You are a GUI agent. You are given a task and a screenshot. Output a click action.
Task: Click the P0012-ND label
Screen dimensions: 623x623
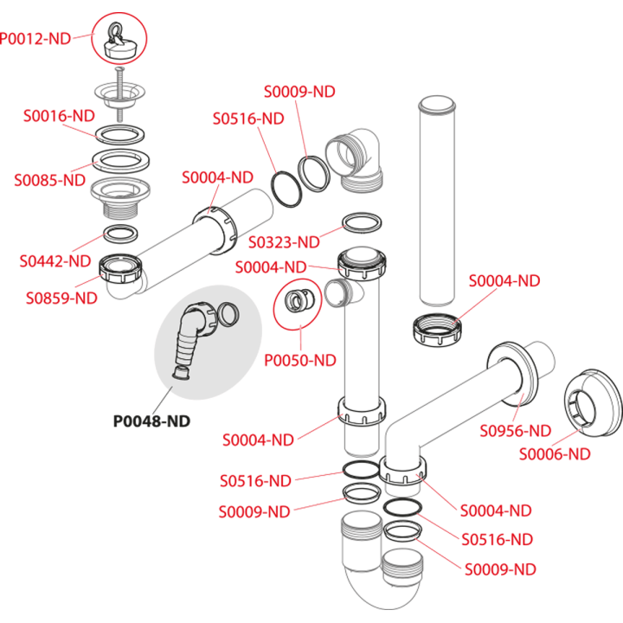35,39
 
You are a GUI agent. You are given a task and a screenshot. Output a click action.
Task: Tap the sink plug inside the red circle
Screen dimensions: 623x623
119,42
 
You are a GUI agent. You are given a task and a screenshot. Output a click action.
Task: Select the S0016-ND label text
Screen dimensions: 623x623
59,116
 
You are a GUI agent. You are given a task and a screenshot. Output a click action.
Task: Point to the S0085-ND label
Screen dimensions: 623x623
49,180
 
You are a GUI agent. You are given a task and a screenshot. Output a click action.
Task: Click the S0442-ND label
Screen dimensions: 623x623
55,261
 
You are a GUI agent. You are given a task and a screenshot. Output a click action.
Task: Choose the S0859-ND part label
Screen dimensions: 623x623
61,298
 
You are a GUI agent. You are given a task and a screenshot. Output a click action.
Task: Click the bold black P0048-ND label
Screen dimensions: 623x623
151,421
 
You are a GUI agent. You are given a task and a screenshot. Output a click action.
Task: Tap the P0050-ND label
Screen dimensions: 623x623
300,360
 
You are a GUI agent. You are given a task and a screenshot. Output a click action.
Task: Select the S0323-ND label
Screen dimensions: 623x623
284,242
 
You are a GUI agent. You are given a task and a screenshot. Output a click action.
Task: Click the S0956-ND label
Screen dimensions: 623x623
516,431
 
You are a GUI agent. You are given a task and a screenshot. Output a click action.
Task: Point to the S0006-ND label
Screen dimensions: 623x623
555,453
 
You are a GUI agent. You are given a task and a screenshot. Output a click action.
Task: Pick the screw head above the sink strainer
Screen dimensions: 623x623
119,70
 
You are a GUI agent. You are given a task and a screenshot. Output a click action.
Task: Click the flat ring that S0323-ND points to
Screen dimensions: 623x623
362,223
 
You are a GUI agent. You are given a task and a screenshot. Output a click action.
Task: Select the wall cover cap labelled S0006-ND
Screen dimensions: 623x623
593,402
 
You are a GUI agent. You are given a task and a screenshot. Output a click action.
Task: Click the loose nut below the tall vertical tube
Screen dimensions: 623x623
437,330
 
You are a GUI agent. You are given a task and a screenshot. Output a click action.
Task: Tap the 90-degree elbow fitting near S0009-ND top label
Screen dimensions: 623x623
355,159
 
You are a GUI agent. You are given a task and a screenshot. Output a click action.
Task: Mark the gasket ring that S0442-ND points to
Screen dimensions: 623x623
121,234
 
